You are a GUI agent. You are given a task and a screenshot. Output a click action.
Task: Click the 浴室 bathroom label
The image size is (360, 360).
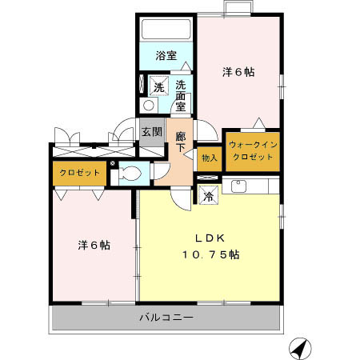(166, 56)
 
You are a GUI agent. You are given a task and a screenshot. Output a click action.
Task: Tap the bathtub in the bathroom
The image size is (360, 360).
(166, 30)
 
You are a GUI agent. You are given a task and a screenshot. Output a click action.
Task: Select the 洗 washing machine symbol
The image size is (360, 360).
(158, 86)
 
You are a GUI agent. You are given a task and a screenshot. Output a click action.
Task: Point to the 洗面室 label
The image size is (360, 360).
(182, 94)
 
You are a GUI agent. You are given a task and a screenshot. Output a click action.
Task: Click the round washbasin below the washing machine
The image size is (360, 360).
(148, 106)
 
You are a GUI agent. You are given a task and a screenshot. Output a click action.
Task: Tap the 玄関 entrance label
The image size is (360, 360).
(150, 131)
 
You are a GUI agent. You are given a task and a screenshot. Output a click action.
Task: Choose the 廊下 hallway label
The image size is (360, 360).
(181, 142)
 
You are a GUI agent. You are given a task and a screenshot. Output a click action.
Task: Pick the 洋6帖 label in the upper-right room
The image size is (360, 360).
(238, 72)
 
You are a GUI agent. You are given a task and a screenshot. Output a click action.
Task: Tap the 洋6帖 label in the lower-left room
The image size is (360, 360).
(94, 245)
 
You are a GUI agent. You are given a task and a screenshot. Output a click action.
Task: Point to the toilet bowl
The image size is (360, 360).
(131, 174)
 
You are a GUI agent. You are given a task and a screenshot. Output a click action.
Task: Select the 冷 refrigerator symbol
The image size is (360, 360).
(208, 196)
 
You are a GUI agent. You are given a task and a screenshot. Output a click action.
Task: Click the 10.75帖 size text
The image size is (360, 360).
(211, 254)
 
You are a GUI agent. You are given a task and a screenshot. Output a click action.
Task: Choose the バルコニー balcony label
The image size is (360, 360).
(166, 318)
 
